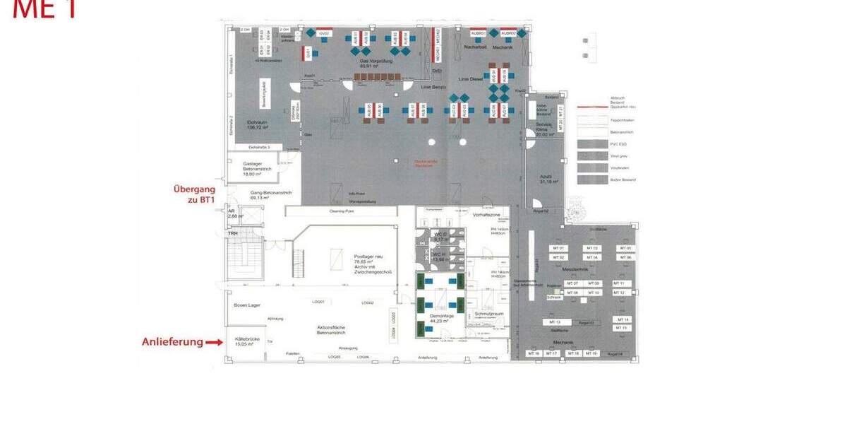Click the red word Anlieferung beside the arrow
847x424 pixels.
pyautogui.click(x=172, y=342)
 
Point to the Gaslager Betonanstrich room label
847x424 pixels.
pyautogui.click(x=252, y=167)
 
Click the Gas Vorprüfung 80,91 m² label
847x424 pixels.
pyautogui.click(x=375, y=63)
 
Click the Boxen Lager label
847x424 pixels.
pyautogui.click(x=247, y=305)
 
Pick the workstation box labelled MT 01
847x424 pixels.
pyautogui.click(x=558, y=249)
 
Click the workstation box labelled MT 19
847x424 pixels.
pyautogui.click(x=591, y=353)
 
